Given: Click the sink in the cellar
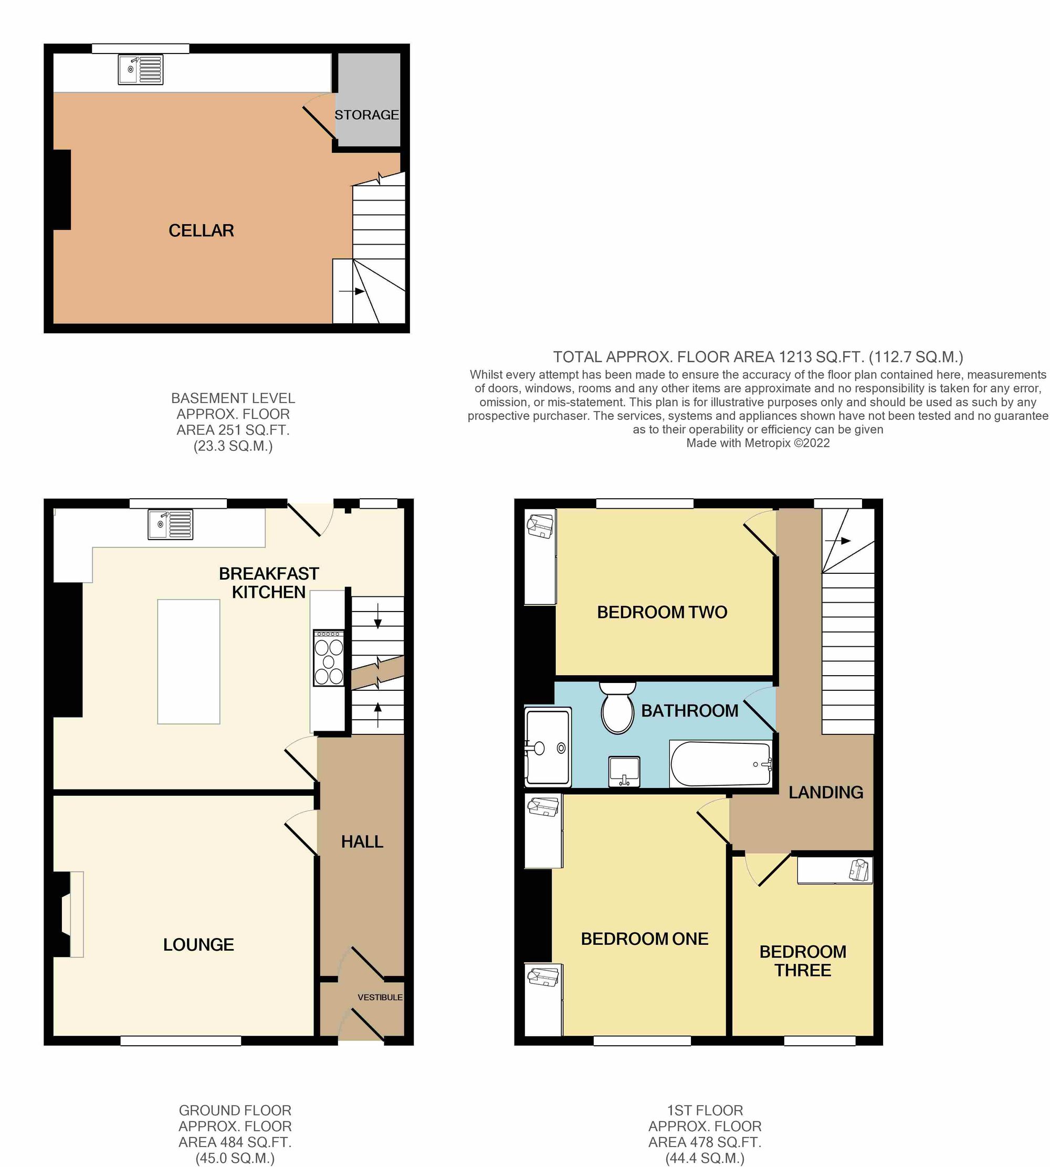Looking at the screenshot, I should tap(141, 70).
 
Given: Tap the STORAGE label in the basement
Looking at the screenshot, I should tap(366, 115).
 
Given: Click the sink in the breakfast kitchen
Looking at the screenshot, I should tap(170, 524).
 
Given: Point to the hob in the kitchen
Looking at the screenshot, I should tap(328, 658).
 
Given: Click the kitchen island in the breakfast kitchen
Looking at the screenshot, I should tap(188, 661).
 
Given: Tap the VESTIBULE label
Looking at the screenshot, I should tap(380, 997).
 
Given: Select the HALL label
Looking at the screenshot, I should tap(362, 842).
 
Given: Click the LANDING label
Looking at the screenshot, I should tap(826, 793).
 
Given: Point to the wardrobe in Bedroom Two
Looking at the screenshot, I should tap(540, 556).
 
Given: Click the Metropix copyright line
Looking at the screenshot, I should tap(758, 443).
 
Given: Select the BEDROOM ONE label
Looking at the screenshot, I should tap(644, 939).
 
